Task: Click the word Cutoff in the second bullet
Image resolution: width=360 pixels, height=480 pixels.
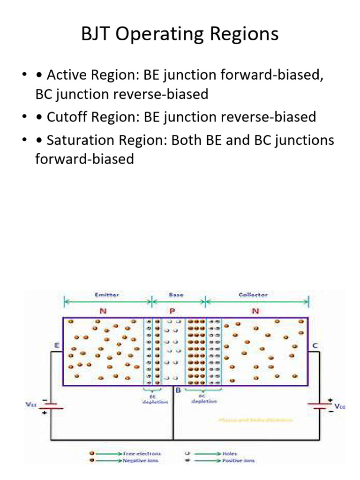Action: point(65,117)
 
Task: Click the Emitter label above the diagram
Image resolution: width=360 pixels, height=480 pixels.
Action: point(106,295)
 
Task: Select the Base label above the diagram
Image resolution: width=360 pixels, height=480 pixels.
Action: point(176,295)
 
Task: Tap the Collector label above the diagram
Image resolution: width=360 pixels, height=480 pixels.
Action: point(253,295)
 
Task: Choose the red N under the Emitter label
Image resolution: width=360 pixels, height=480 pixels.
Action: point(103,310)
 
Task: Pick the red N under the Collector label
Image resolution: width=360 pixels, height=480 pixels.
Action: point(255,310)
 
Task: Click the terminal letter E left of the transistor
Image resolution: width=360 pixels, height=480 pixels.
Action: point(57,346)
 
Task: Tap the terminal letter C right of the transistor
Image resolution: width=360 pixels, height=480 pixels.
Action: point(315,346)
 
